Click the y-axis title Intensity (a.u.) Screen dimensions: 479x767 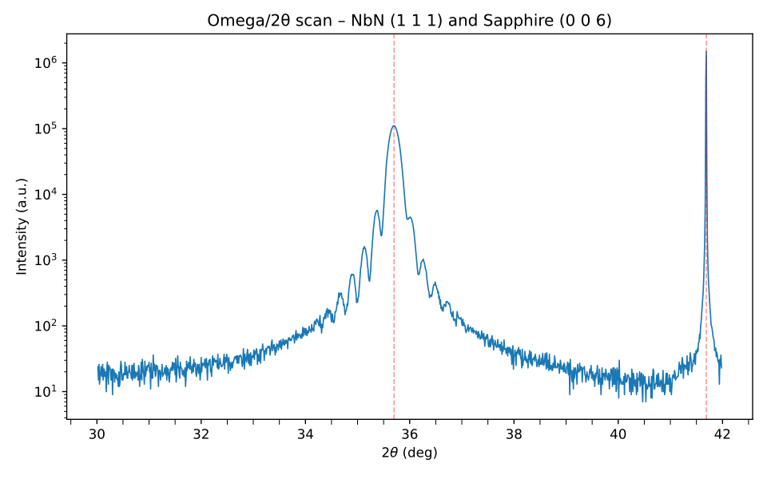click(x=22, y=226)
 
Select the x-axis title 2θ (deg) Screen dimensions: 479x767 click(x=409, y=453)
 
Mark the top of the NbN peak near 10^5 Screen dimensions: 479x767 click(x=394, y=126)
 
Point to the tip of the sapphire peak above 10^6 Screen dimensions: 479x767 click(x=706, y=51)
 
